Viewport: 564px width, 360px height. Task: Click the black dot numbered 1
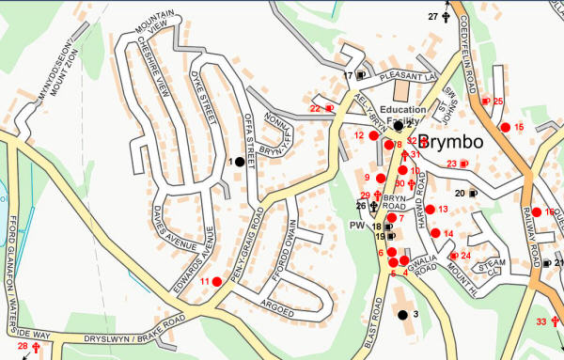click(240, 162)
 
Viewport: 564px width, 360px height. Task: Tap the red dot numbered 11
click(217, 281)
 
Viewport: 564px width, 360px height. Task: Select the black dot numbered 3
click(402, 314)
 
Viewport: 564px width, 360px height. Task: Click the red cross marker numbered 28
click(37, 347)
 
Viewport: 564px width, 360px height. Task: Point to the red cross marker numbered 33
click(553, 322)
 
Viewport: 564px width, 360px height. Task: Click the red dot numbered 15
click(506, 127)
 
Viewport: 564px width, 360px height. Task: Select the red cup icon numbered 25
click(485, 101)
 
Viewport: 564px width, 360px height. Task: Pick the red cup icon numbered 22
click(329, 108)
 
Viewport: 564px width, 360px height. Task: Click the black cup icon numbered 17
click(361, 75)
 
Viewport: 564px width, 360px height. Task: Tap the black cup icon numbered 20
click(473, 193)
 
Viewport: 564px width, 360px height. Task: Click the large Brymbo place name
click(449, 143)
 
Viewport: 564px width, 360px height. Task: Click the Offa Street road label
click(250, 134)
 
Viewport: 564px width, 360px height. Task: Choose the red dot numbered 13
click(431, 209)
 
